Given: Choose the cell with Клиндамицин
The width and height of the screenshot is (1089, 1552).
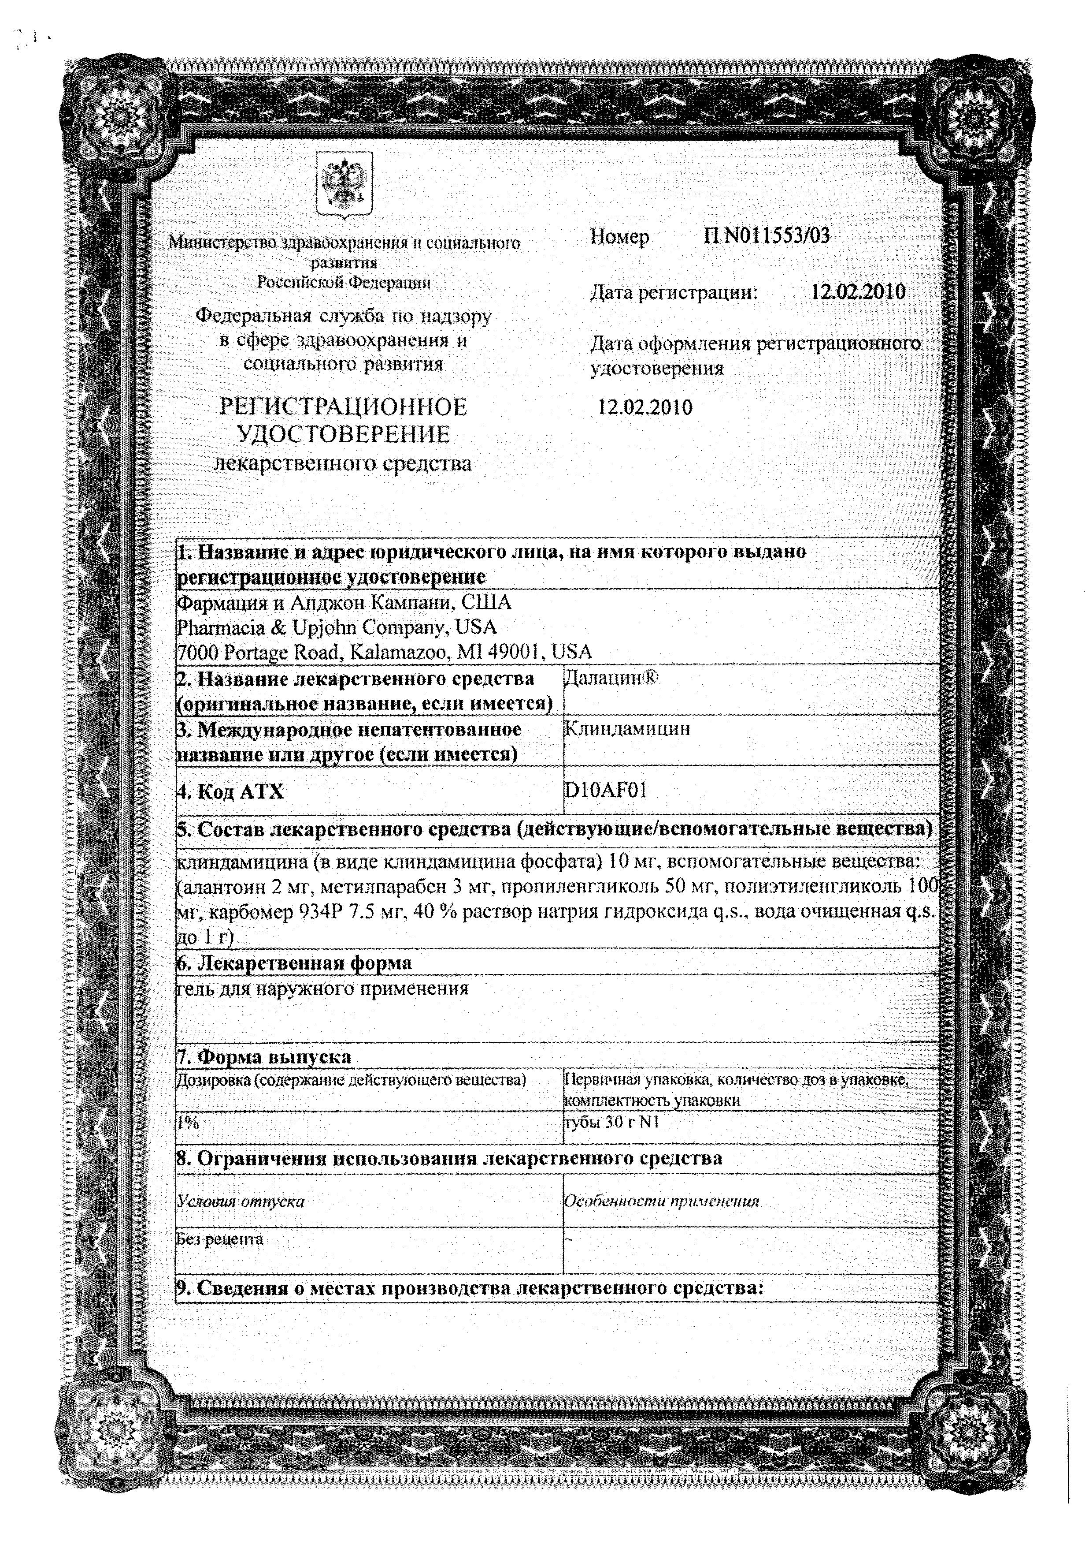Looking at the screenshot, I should [x=626, y=729].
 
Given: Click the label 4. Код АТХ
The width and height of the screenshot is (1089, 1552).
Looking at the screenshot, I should [x=230, y=791].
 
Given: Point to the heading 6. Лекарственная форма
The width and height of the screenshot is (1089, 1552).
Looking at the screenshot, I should [x=294, y=962].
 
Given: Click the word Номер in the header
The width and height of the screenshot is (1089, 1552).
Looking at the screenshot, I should [x=619, y=237].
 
